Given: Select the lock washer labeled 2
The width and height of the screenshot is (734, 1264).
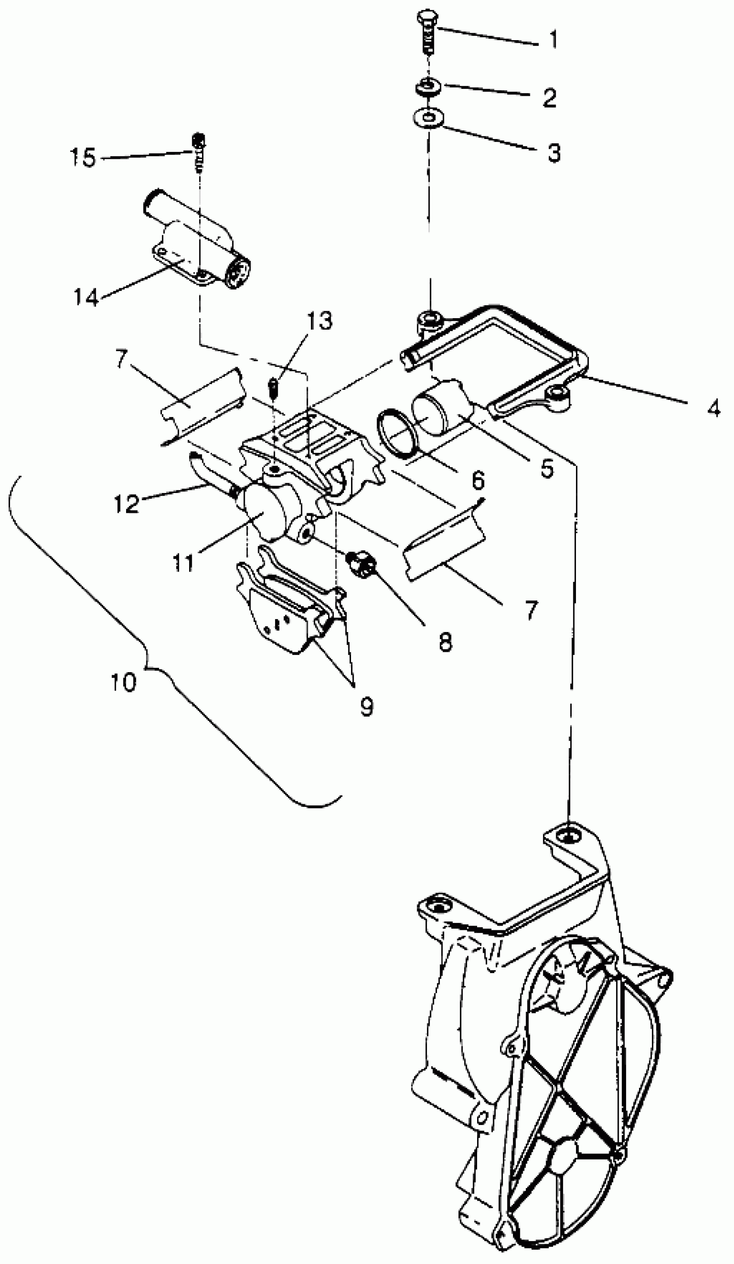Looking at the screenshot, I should pyautogui.click(x=428, y=87).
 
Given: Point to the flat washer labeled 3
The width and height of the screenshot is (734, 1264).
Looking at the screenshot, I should pyautogui.click(x=427, y=118).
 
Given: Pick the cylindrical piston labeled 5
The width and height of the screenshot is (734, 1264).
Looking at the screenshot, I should pyautogui.click(x=439, y=403).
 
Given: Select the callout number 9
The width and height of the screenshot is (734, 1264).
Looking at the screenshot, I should pyautogui.click(x=366, y=706).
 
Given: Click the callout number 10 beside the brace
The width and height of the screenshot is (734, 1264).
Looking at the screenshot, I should pyautogui.click(x=123, y=682).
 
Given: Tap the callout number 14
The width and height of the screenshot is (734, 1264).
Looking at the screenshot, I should pyautogui.click(x=86, y=297).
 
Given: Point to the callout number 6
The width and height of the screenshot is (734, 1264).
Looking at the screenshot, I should pyautogui.click(x=478, y=480).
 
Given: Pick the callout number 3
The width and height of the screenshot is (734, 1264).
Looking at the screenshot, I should pyautogui.click(x=554, y=152).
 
